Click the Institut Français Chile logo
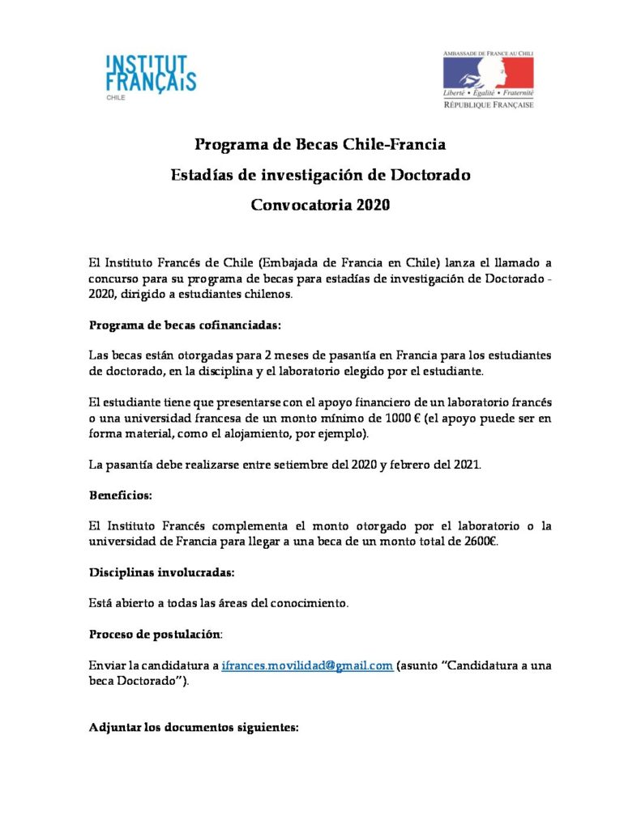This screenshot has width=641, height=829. coord(152,75)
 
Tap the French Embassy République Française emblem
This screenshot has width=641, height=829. coord(488,79)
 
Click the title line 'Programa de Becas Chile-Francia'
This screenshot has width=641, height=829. coord(320,146)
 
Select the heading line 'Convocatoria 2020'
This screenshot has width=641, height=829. coord(320,204)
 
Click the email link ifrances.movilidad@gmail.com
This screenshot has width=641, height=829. coord(307,665)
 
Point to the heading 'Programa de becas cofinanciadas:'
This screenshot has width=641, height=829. coord(185,325)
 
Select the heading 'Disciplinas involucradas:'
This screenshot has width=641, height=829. coord(162,572)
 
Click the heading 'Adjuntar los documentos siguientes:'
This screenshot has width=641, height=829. coord(194,727)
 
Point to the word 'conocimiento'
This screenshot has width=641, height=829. coord(310,602)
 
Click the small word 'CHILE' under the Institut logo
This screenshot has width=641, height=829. coord(117,96)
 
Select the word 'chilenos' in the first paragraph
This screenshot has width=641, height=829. coord(265,295)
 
